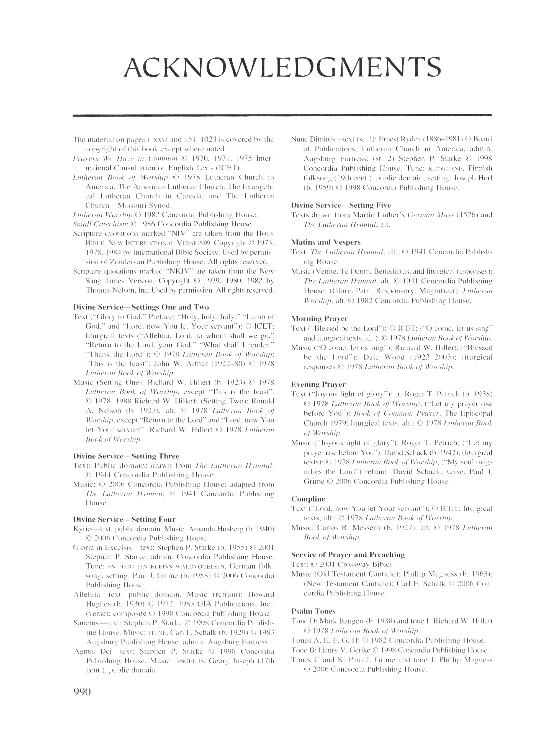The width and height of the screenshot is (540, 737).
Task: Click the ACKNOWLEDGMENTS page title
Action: [x=282, y=67]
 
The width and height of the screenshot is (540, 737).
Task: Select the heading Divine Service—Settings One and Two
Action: [x=141, y=307]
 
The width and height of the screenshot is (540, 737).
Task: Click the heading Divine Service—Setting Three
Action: [x=126, y=456]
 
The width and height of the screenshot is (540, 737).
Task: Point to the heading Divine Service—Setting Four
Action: [x=124, y=519]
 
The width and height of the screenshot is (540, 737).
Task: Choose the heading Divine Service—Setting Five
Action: [x=341, y=205]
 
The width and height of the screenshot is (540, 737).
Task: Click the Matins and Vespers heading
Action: [x=326, y=242]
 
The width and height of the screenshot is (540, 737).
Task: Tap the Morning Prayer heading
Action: [x=319, y=318]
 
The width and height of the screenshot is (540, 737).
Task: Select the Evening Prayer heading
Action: [x=318, y=384]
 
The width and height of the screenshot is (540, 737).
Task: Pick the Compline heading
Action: [x=308, y=499]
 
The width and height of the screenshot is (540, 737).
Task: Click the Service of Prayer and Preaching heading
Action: [x=348, y=554]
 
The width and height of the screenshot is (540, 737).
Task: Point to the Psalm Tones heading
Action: [x=313, y=611]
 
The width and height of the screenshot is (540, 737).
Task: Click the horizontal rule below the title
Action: [x=282, y=115]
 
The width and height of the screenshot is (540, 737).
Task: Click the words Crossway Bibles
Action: [x=365, y=564]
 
